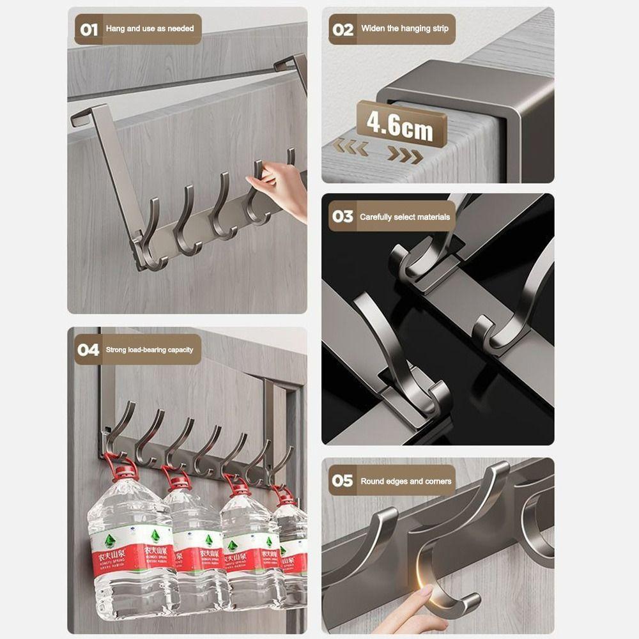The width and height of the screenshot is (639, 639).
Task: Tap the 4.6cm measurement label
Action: coord(401,124)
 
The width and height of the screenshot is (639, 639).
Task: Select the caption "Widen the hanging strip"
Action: coord(404,29)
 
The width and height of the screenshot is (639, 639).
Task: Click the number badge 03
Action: coord(343,217)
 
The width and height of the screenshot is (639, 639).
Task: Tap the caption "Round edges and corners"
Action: coord(406,481)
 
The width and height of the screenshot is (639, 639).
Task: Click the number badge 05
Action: coord(343,481)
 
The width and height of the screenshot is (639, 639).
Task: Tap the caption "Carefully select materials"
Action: coord(404,217)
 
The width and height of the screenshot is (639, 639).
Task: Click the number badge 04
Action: coord(88,350)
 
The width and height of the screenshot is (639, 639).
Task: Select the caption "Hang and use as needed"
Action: coord(150,29)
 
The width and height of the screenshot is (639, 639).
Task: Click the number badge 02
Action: coord(343,29)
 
